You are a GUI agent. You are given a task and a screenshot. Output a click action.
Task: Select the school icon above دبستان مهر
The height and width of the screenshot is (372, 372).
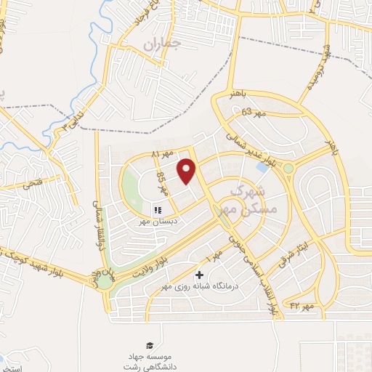(158, 210)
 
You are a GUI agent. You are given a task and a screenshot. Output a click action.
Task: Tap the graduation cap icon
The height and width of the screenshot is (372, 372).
(149, 344)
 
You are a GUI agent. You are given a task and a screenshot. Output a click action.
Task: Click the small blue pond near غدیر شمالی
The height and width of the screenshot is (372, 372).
(262, 167)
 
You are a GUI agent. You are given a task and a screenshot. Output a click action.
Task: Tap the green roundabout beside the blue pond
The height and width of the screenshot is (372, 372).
(288, 169)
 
